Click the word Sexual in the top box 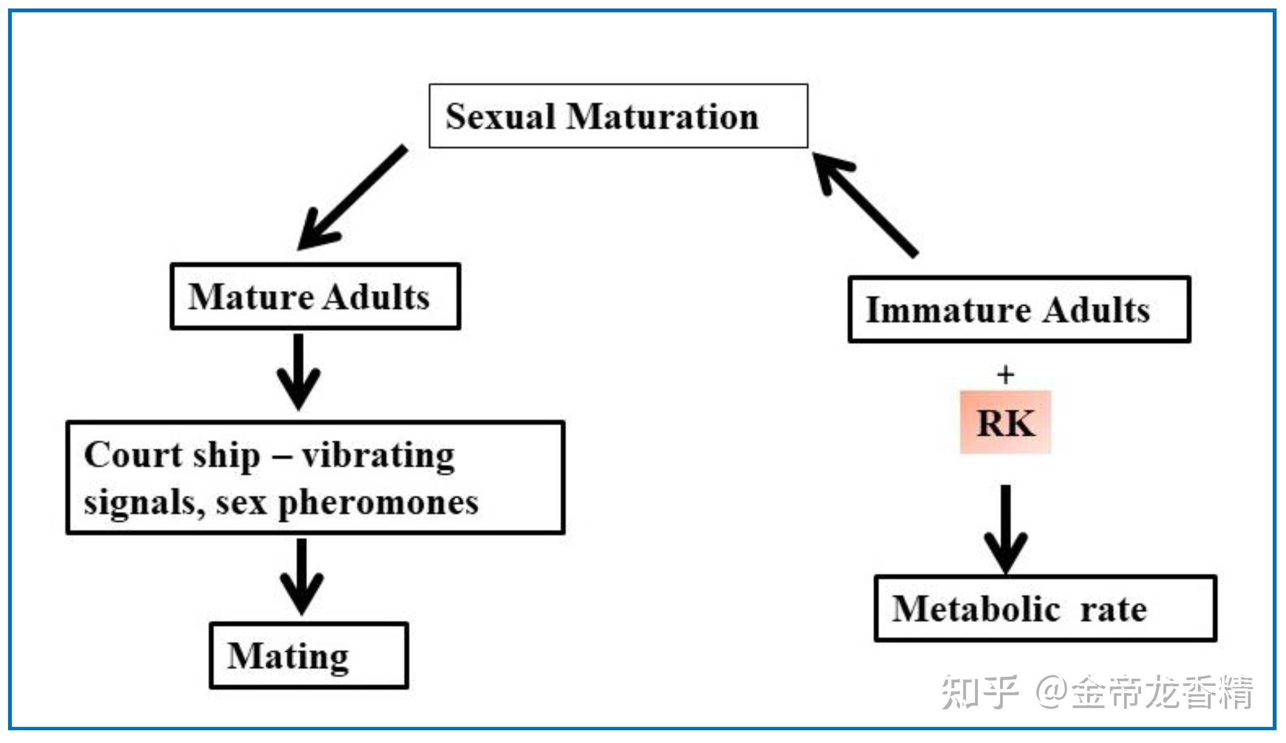click(500, 117)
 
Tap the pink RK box click(1005, 422)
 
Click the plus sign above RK click(1005, 375)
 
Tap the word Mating click(288, 657)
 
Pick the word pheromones click(378, 504)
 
